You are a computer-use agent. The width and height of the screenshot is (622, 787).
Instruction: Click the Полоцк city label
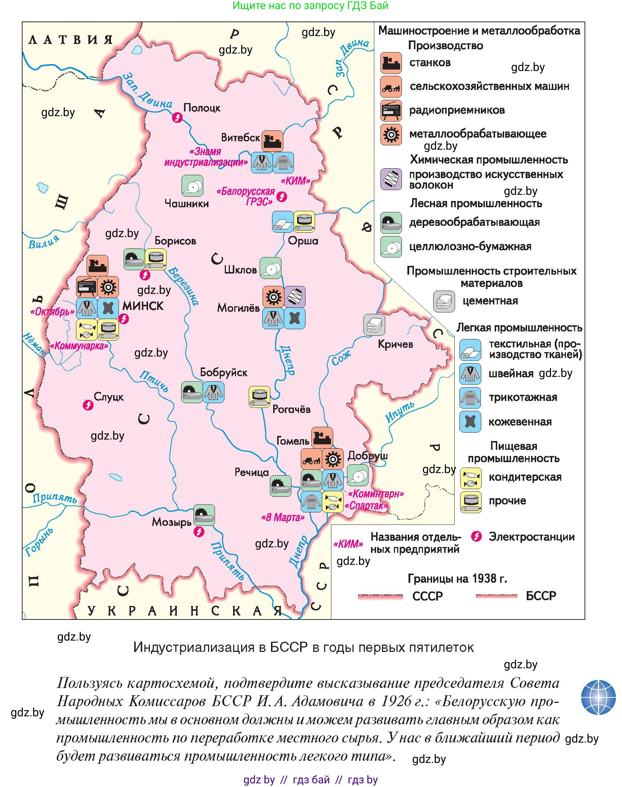(x=202, y=108)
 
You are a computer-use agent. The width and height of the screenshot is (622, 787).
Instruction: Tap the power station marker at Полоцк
(x=178, y=117)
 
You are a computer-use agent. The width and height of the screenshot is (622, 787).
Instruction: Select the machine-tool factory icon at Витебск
(x=272, y=141)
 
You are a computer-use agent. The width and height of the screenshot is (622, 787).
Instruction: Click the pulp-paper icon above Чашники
(x=192, y=185)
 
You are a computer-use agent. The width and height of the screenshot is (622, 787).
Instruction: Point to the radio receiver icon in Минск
(x=87, y=287)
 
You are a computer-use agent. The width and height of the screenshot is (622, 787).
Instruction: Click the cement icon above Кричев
(x=374, y=325)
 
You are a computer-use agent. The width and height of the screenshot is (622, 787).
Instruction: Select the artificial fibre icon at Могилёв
(x=295, y=297)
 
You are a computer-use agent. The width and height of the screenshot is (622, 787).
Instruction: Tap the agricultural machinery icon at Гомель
(x=311, y=459)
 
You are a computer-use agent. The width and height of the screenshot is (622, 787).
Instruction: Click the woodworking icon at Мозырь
(x=204, y=515)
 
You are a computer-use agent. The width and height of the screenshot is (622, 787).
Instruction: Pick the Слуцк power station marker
(x=88, y=405)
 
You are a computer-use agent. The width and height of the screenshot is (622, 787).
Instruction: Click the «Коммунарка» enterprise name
(x=79, y=346)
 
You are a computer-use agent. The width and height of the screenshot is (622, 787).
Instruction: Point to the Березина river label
(x=184, y=286)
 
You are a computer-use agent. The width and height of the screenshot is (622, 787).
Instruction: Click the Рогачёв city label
(x=291, y=409)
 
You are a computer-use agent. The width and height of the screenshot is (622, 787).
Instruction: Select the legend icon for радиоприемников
(x=391, y=110)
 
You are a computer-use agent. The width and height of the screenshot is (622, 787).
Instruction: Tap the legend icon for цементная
(x=444, y=301)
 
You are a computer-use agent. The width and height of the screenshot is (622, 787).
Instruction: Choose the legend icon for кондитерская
(x=471, y=478)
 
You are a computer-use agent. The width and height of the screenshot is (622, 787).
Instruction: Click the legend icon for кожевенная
(x=470, y=422)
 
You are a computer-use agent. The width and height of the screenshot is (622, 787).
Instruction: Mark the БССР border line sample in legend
(x=497, y=596)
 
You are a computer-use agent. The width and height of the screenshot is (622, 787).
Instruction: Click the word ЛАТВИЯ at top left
(x=70, y=40)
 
